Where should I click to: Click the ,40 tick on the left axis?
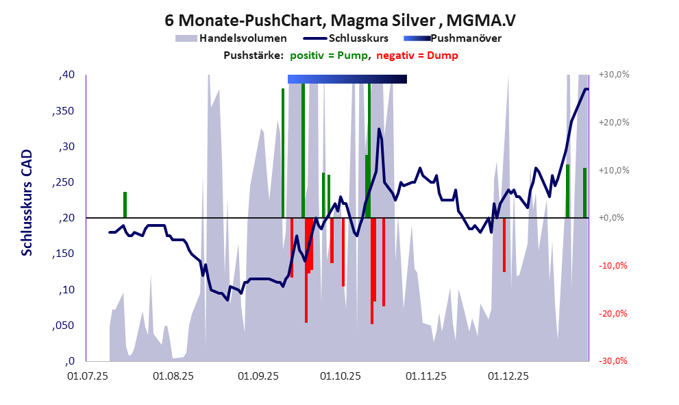(x=67, y=75)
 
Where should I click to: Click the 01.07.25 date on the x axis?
(x=88, y=376)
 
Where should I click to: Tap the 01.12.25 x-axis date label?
(x=508, y=376)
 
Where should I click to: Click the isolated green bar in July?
(x=125, y=204)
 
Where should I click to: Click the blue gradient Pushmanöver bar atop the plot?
(x=347, y=79)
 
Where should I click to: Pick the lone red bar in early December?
(x=504, y=245)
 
